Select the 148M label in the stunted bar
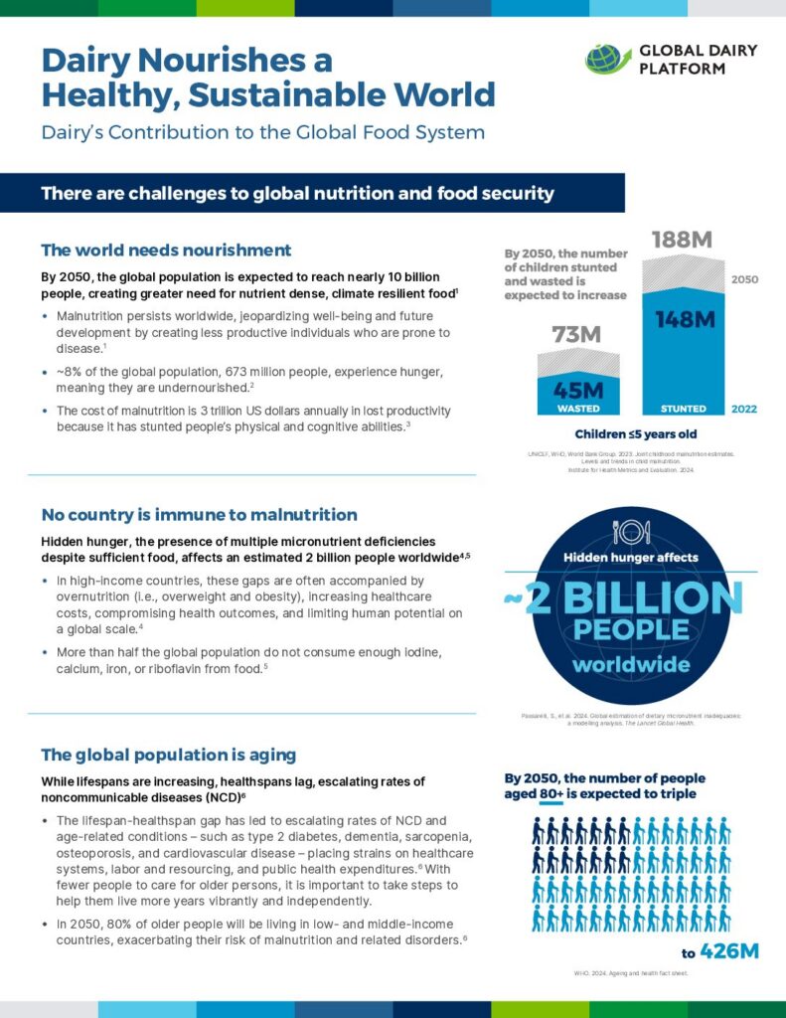[684, 319]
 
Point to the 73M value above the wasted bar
[576, 335]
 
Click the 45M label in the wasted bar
[576, 390]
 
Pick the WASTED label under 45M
[576, 409]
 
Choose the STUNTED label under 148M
[684, 409]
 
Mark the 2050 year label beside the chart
[745, 280]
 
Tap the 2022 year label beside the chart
[745, 409]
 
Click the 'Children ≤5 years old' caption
[636, 433]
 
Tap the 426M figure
[729, 951]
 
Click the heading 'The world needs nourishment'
[166, 251]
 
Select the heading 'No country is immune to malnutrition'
[199, 515]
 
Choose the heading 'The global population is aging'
[168, 756]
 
